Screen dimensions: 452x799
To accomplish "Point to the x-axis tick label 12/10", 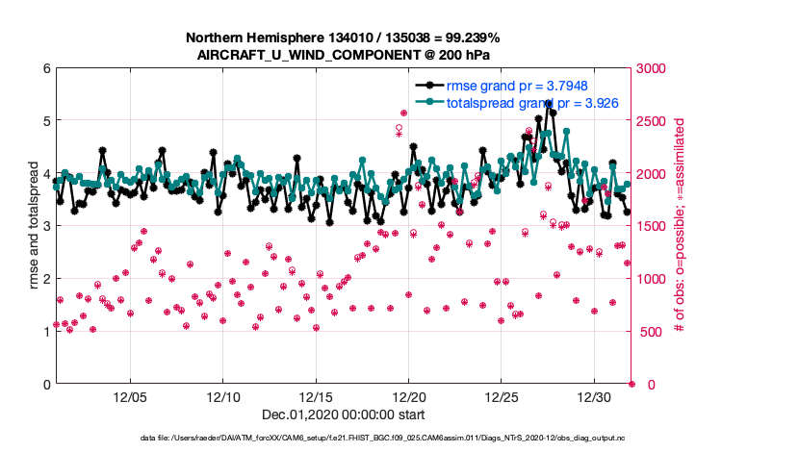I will pos(223,397).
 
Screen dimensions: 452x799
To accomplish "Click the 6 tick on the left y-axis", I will pos(45,68).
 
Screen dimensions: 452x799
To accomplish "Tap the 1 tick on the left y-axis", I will pos(45,332).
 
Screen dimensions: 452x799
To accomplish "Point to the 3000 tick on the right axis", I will pos(655,68).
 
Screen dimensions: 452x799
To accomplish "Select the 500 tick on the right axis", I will pos(651,332).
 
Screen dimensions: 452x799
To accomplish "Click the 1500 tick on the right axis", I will pos(655,226).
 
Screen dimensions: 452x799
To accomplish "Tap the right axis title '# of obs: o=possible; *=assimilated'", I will pos(680,226).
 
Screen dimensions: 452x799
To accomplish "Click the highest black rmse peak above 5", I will pos(548,103).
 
